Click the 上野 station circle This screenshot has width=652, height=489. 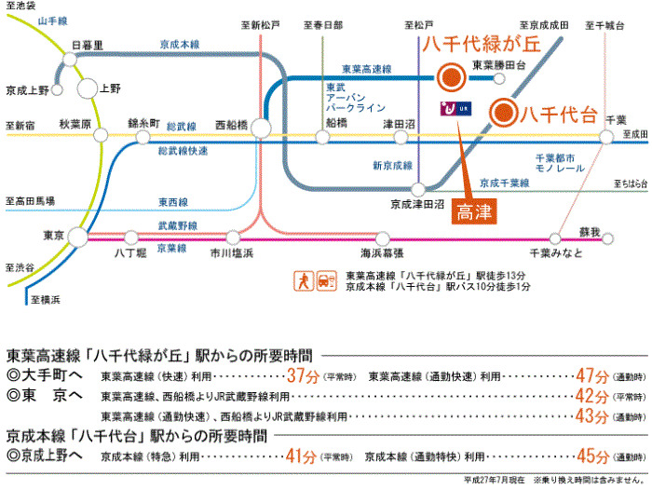[x=88, y=89]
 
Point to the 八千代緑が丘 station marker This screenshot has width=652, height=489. [x=451, y=76]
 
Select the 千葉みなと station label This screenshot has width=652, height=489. [x=556, y=253]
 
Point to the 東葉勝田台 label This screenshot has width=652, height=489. [x=499, y=65]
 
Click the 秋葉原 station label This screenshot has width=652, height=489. [x=75, y=122]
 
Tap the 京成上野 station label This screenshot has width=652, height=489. [x=27, y=90]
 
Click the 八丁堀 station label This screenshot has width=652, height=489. [x=130, y=252]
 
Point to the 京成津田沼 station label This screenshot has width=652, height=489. [x=414, y=203]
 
